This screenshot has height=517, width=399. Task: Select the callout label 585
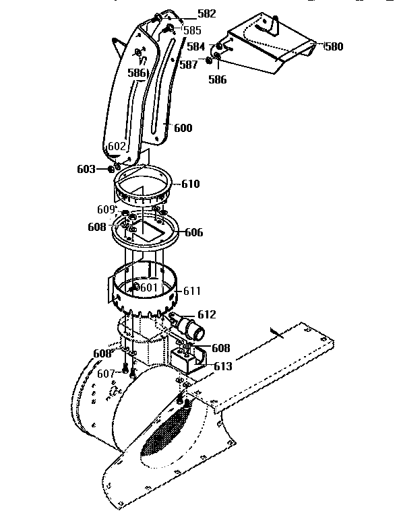(191, 30)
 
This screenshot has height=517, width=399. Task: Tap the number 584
(195, 46)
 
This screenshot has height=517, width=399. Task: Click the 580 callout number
(334, 46)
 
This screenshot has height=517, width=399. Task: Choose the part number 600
(183, 128)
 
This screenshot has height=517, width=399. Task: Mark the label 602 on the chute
(117, 146)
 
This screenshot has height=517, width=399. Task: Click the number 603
(86, 169)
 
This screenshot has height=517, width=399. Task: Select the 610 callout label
(190, 184)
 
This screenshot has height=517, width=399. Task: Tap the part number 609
(106, 209)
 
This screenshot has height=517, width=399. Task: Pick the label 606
(193, 232)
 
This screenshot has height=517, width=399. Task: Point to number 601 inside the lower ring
(148, 287)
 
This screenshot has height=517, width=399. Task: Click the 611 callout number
(192, 291)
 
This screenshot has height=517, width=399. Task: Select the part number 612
(206, 314)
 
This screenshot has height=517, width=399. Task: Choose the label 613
(222, 366)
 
